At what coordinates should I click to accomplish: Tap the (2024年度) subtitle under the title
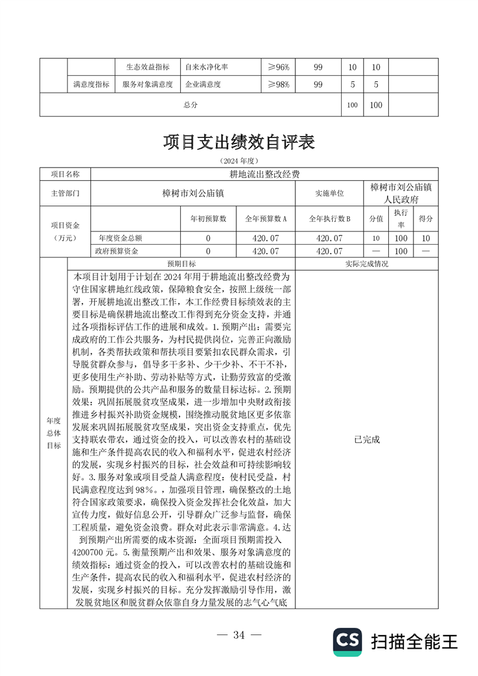[x=239, y=161]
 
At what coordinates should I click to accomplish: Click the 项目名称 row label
[x=64, y=174]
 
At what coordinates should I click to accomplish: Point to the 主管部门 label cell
[x=64, y=193]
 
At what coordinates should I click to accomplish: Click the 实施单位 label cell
[x=330, y=193]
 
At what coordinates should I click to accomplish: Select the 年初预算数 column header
[x=208, y=218]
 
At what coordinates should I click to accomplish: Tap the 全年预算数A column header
[x=265, y=218]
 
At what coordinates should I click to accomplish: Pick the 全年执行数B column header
[x=330, y=218]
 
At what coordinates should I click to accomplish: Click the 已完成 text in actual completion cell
[x=367, y=439]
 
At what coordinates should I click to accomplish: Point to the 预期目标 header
[x=181, y=264]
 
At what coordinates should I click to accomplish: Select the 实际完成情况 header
[x=367, y=264]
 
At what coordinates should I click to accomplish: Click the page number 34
[x=239, y=634]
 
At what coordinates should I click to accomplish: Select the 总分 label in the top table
[x=190, y=105]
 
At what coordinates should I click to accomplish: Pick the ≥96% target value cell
[x=278, y=68]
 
